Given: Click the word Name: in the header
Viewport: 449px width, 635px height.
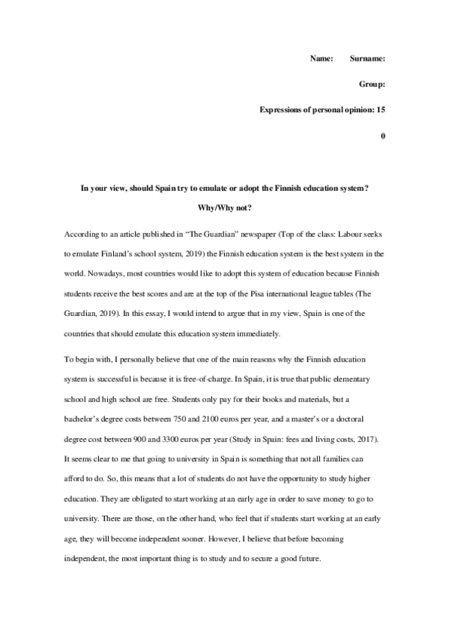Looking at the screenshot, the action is (322, 58).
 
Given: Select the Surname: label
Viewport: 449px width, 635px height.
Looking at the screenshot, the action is (368, 58).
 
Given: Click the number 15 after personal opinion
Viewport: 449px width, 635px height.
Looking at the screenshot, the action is (381, 109).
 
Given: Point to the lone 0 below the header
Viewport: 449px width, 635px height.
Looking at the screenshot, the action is (383, 136).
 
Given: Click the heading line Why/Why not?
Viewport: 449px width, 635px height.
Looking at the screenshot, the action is (224, 206).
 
